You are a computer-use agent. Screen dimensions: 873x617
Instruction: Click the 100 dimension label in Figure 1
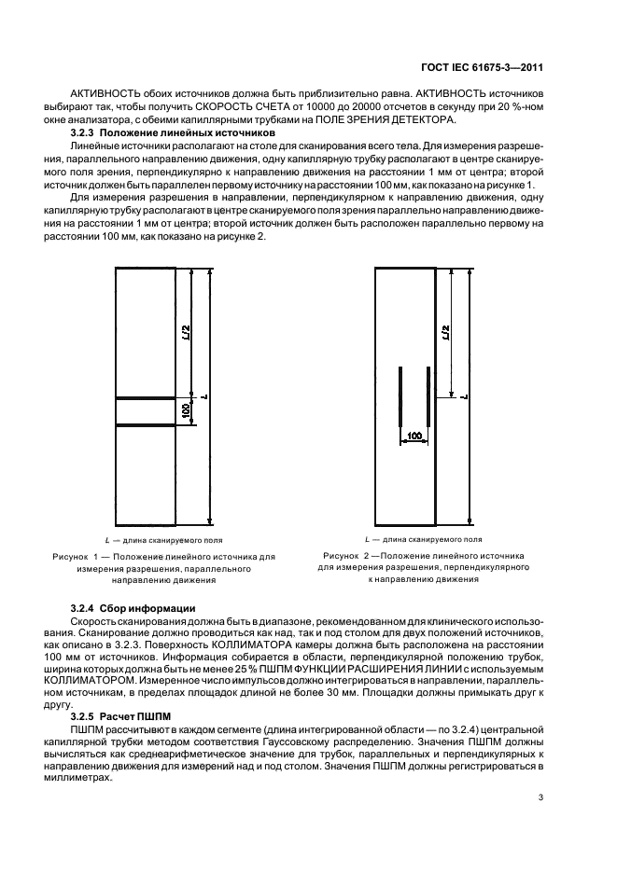[186, 411]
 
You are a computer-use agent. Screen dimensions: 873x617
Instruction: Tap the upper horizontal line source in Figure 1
[146, 399]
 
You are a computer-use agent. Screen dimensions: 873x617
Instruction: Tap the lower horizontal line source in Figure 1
[146, 425]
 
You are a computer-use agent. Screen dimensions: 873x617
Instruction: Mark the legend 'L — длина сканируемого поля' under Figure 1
[162, 540]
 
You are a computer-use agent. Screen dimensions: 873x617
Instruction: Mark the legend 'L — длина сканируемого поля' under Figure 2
[423, 539]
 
